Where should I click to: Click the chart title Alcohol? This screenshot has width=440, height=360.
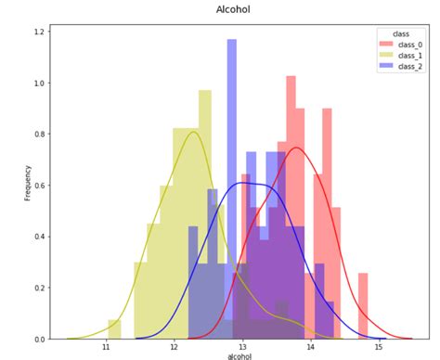233,9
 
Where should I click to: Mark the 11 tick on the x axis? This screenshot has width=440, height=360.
106,346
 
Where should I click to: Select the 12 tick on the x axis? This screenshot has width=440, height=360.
174,346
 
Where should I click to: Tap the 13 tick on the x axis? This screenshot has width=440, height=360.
241,346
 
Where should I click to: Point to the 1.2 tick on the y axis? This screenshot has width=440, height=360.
38,32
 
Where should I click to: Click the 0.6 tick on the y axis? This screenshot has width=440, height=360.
38,186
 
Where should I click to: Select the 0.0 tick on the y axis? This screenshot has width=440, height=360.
38,339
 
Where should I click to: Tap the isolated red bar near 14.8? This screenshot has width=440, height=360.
363,306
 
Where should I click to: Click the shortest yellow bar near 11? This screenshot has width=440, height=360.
114,329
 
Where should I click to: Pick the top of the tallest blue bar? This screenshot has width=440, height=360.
232,42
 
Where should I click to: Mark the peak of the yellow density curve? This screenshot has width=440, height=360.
193,132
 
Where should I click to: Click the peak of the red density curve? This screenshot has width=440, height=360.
295,148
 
